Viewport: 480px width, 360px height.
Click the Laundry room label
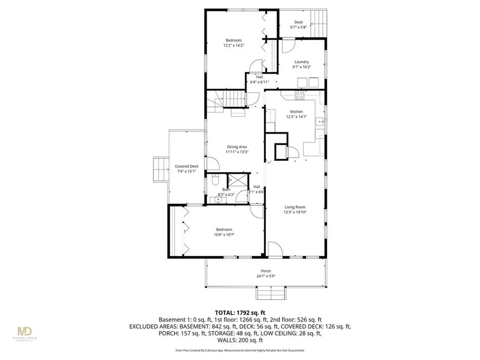point(301,62)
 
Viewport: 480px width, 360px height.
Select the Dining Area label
point(237,147)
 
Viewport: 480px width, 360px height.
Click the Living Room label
point(295,207)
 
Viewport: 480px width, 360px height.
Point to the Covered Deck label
point(187,166)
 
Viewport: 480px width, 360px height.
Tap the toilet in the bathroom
point(215,180)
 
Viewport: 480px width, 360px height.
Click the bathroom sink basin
point(217,201)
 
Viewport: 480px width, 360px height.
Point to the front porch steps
point(270,293)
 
